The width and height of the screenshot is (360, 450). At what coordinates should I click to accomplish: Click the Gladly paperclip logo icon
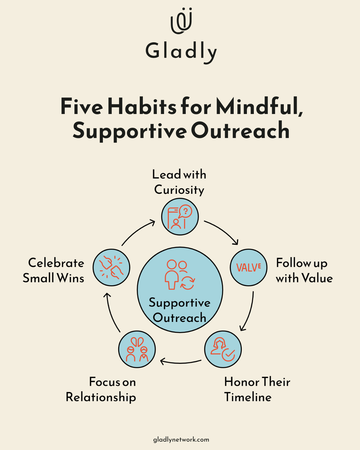(181, 21)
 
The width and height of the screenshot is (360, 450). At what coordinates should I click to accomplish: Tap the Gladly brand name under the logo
(181, 52)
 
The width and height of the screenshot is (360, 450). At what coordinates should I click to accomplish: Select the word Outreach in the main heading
(240, 131)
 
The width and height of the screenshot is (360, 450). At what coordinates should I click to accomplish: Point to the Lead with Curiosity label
(179, 182)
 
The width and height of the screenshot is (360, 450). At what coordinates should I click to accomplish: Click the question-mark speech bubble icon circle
(180, 217)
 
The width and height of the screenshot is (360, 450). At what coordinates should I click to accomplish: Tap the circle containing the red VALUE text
(248, 267)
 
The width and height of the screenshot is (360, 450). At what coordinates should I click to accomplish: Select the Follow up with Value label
(304, 270)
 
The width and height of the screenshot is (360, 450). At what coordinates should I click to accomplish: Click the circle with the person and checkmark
(223, 349)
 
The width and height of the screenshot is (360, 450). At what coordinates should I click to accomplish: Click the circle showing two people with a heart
(137, 349)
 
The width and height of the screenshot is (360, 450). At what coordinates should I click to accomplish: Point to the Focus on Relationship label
(101, 389)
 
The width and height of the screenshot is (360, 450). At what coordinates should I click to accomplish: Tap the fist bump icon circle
(112, 267)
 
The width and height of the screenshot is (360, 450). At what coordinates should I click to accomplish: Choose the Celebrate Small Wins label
(54, 270)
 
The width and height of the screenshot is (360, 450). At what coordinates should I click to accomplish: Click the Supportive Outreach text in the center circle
(180, 310)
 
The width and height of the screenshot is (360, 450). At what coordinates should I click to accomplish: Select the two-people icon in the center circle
(180, 274)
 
